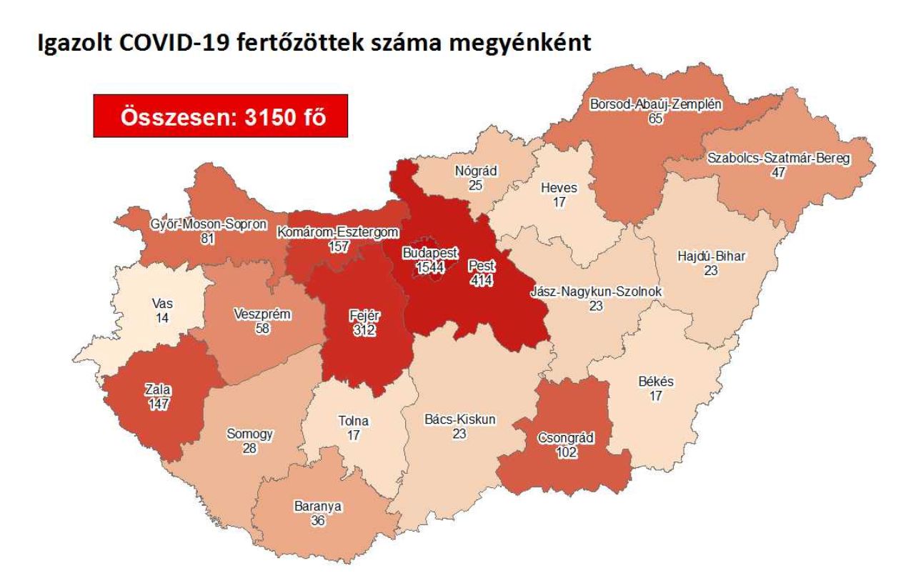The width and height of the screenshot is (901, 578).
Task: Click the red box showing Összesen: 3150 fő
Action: [x=220, y=116]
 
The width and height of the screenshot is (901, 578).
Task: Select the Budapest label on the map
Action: [x=430, y=254]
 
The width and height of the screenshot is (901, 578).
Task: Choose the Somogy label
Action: [x=249, y=434]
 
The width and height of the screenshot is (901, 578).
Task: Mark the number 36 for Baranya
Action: [x=318, y=521]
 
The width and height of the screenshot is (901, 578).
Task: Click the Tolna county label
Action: [x=353, y=422]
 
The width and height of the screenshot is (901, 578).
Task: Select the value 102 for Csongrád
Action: [x=565, y=452]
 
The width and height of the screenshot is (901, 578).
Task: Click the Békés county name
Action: [x=655, y=382]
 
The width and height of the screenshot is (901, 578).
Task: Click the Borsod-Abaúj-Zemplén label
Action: [x=655, y=105]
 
